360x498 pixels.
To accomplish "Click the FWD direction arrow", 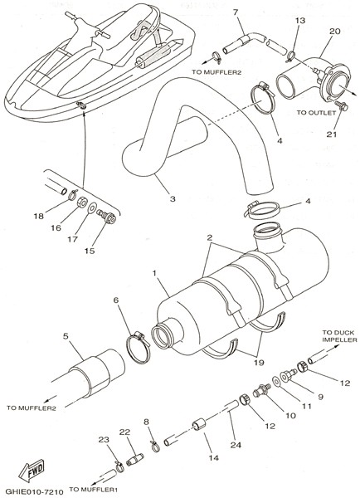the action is point(32,471).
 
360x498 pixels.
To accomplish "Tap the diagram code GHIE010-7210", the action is point(34,491).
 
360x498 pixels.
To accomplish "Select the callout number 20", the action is point(334,31).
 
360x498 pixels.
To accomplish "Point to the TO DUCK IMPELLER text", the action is point(340,336).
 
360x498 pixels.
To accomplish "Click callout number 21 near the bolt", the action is point(332,134).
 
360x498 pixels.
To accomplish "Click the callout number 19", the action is point(259,363).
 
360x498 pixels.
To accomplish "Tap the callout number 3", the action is point(173,199).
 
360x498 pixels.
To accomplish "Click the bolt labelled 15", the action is point(106,217).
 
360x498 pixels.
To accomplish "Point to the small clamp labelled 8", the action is point(154,447).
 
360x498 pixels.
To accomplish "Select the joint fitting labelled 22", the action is point(134,459).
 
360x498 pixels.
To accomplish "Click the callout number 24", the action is point(236,445).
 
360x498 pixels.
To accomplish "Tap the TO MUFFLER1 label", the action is point(94,490).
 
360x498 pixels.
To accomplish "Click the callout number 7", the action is point(236,12).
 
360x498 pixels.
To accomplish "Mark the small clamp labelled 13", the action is point(291,57).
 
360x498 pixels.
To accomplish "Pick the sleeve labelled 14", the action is point(199,424).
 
